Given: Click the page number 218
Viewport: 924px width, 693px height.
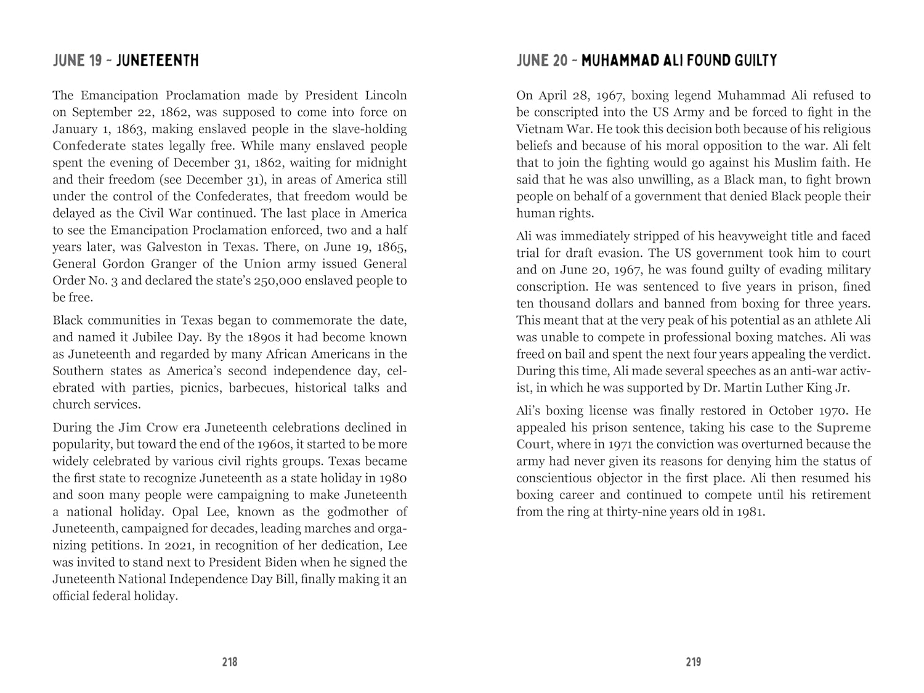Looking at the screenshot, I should click(x=230, y=662).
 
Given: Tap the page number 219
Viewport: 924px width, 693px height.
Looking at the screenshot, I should click(x=693, y=662).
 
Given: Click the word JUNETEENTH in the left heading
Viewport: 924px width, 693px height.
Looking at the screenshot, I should click(x=157, y=60).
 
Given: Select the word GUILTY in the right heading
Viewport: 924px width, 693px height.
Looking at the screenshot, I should click(x=755, y=60).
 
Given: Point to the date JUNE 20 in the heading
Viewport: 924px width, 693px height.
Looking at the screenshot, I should click(x=541, y=60).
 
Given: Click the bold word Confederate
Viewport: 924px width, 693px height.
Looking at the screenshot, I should click(x=89, y=146).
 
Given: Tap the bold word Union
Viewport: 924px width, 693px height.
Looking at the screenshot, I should click(x=262, y=264).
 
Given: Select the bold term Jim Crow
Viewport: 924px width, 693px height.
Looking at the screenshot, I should click(x=148, y=428).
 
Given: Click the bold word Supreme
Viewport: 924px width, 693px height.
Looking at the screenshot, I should click(x=843, y=428).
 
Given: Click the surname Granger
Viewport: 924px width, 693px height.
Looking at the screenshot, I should click(x=176, y=264).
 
